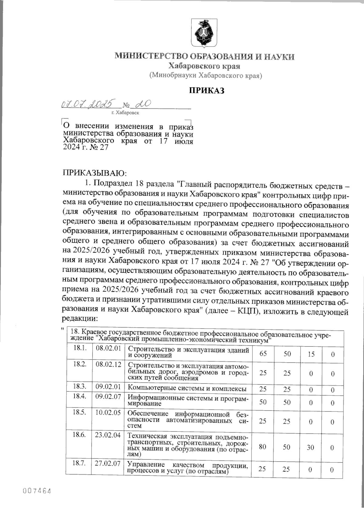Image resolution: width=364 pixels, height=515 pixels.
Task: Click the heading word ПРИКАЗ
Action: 207,90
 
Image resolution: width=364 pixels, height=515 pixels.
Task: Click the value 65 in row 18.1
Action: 263,354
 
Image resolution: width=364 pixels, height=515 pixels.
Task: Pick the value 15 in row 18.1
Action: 310,354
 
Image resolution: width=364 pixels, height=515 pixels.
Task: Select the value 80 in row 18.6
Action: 263,447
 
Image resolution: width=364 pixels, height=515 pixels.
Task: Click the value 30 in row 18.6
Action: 310,447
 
